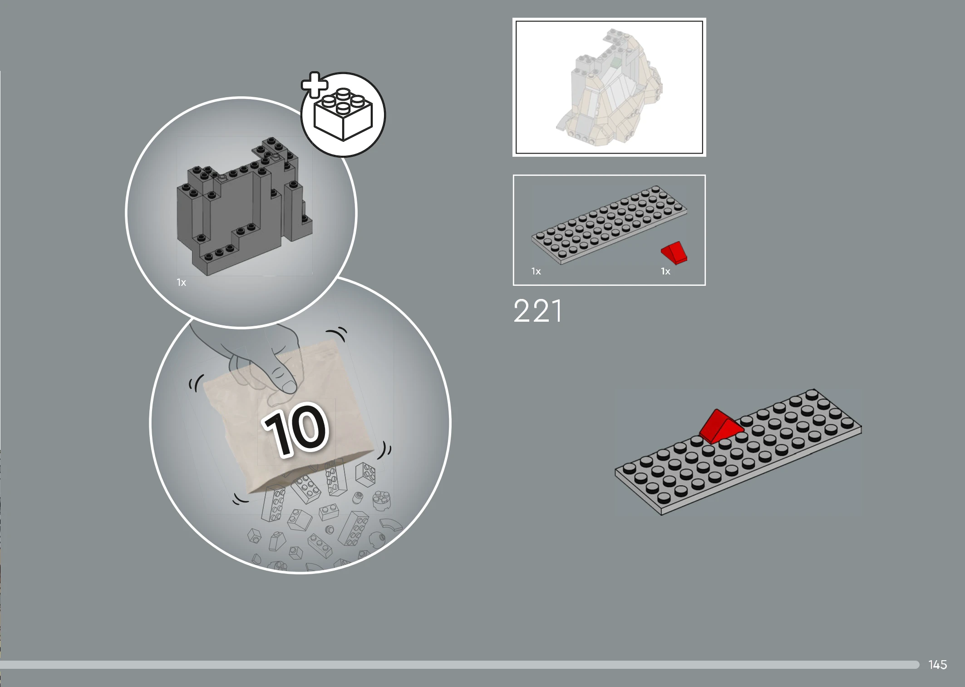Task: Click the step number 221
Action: pyautogui.click(x=537, y=311)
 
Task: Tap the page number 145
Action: pyautogui.click(x=937, y=665)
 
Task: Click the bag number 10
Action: pyautogui.click(x=295, y=430)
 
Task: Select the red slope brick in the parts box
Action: pyautogui.click(x=674, y=253)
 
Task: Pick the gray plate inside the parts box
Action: pyautogui.click(x=609, y=224)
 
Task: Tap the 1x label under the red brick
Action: pyautogui.click(x=665, y=271)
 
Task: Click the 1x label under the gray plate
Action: pyautogui.click(x=536, y=271)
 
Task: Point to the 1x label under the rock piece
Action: pyautogui.click(x=182, y=283)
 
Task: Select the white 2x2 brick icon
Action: pyautogui.click(x=344, y=114)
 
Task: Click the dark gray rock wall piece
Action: pyautogui.click(x=245, y=206)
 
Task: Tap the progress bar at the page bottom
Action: pyautogui.click(x=459, y=665)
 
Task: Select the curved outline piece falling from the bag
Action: pyautogui.click(x=391, y=525)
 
